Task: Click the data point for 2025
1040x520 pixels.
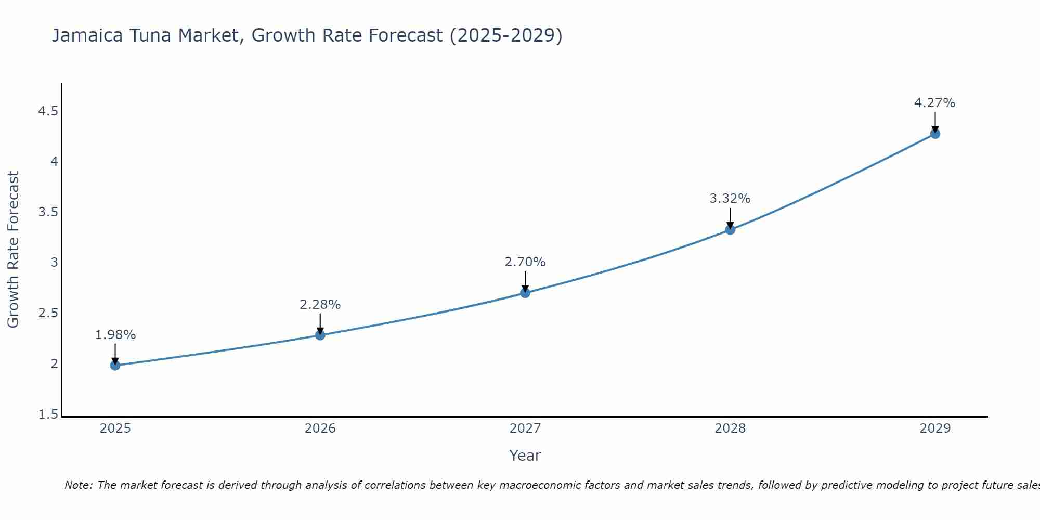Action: click(x=115, y=365)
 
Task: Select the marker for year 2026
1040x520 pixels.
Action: click(x=320, y=335)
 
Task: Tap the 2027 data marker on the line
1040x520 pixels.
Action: click(x=525, y=293)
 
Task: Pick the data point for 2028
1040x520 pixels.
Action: click(x=730, y=229)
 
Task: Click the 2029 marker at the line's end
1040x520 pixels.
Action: click(x=935, y=134)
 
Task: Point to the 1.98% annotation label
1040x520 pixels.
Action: click(x=115, y=335)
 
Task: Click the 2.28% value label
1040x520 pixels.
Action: click(x=320, y=305)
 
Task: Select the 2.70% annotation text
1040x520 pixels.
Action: click(x=525, y=262)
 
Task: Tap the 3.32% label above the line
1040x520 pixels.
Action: click(x=730, y=199)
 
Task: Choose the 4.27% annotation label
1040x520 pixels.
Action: click(x=935, y=103)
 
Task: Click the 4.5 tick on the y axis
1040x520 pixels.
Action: click(x=48, y=111)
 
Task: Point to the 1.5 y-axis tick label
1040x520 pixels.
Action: click(x=48, y=414)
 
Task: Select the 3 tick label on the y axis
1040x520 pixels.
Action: click(x=54, y=263)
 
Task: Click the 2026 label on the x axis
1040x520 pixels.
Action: click(x=320, y=428)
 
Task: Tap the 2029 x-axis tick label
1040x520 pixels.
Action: click(x=935, y=428)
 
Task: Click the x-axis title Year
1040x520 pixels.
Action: click(x=525, y=456)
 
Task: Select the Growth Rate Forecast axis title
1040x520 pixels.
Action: click(x=14, y=250)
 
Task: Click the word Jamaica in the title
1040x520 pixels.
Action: click(x=86, y=35)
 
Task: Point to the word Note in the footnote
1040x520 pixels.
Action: click(x=77, y=485)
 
